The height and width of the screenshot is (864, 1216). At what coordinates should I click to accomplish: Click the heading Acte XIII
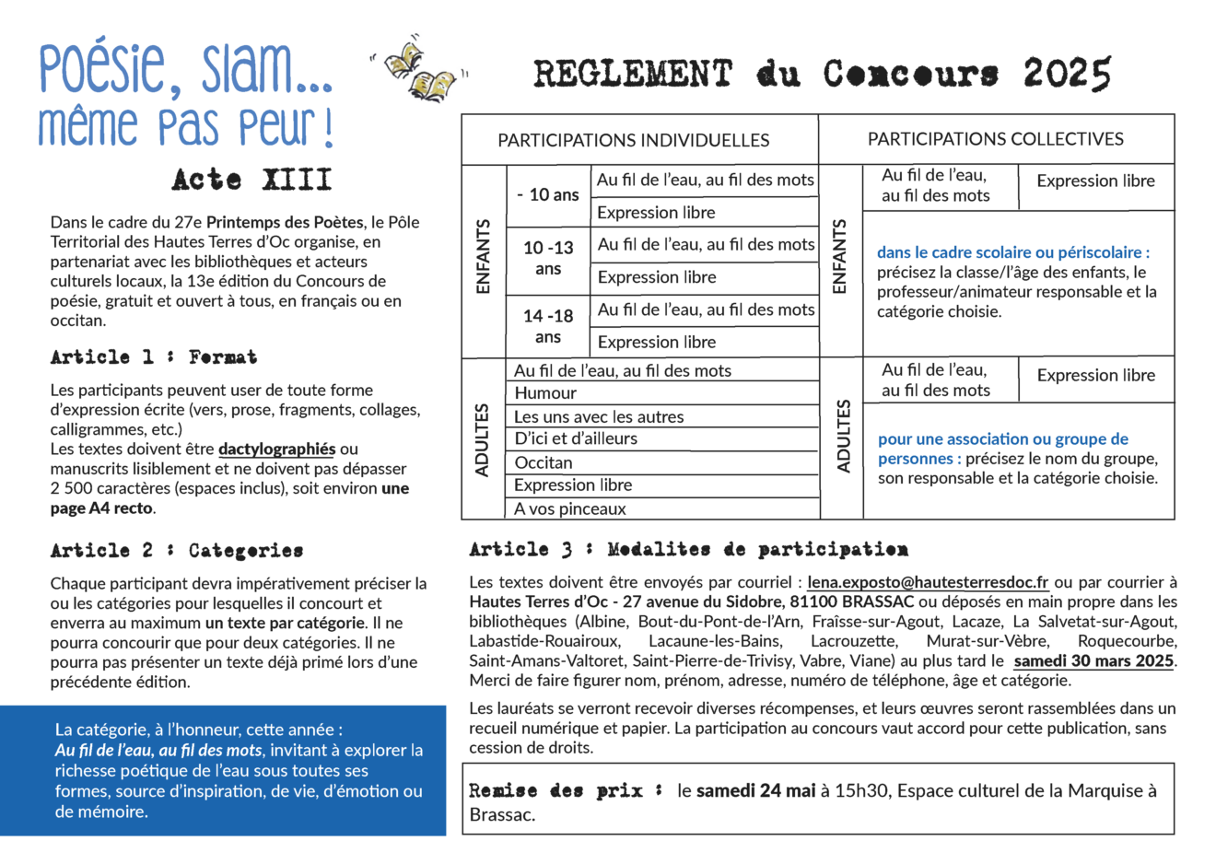[251, 180]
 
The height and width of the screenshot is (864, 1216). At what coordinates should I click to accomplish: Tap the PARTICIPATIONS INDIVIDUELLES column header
[633, 140]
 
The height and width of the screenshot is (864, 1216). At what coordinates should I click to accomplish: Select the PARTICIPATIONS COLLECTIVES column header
[995, 139]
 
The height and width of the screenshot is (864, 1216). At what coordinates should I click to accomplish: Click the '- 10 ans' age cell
[548, 195]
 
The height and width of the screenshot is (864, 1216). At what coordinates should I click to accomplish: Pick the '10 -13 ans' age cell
[548, 258]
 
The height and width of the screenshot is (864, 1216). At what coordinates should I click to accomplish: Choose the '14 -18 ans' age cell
[548, 326]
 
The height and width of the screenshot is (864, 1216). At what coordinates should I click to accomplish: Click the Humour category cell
[545, 393]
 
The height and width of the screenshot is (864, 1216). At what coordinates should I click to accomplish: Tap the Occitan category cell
[544, 462]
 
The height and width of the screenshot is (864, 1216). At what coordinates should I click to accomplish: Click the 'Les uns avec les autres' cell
[599, 416]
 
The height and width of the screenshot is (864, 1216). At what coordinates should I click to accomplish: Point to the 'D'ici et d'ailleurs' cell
[576, 439]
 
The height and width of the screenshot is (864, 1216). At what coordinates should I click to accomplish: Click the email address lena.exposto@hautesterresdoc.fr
[928, 582]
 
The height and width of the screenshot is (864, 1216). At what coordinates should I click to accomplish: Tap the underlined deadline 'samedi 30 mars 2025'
[1093, 660]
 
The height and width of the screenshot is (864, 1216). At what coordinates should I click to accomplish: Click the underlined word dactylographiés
[276, 449]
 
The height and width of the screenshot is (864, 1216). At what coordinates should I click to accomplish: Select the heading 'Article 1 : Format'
[154, 357]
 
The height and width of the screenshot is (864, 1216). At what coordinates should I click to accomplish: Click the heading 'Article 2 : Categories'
[177, 551]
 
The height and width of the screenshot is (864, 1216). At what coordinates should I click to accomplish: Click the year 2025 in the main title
[1066, 74]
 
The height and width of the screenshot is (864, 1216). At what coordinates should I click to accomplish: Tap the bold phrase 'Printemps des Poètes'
[285, 222]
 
